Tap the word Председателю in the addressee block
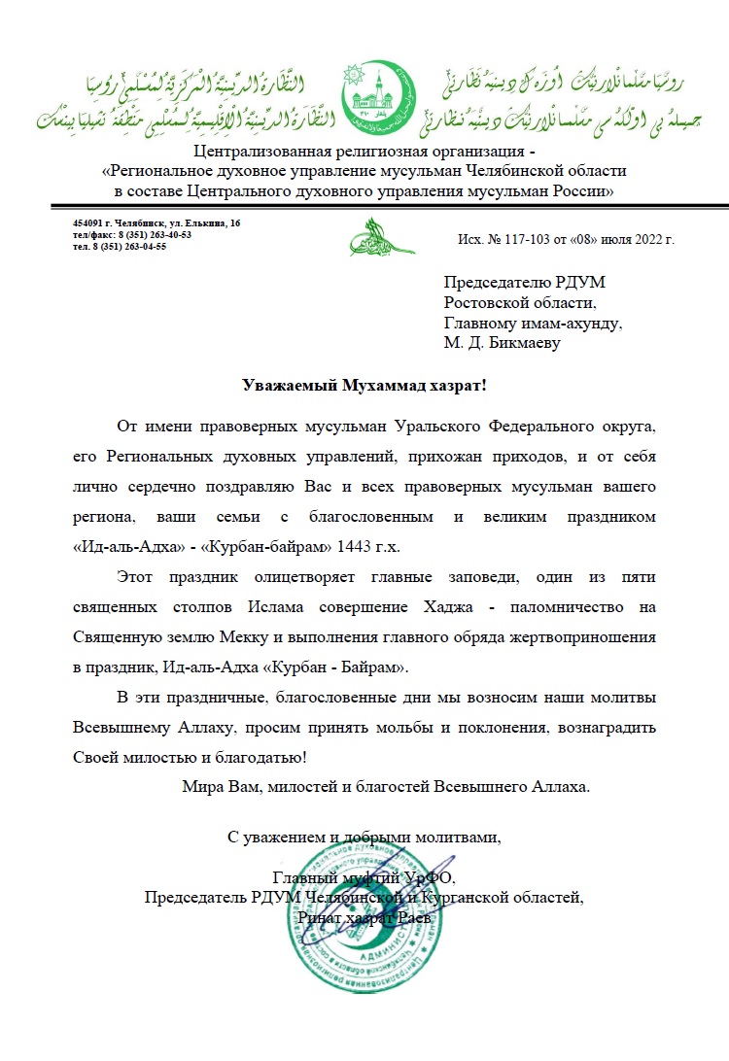pos(489,283)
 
